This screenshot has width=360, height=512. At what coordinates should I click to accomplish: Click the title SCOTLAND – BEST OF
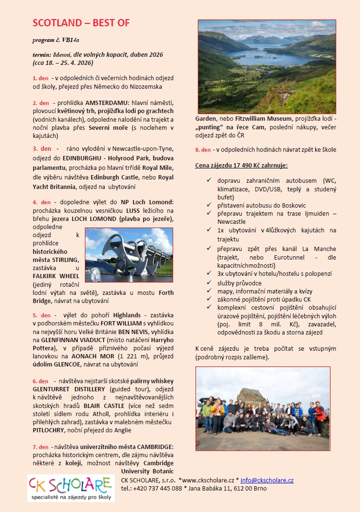pyautogui.click(x=81, y=23)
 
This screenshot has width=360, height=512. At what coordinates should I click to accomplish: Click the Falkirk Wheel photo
pyautogui.click(x=129, y=254)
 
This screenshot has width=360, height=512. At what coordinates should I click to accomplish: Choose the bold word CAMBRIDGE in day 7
pyautogui.click(x=155, y=447)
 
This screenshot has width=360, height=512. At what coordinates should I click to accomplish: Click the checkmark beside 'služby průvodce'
pyautogui.click(x=209, y=283)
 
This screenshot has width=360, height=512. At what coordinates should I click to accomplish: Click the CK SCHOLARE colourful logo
pyautogui.click(x=70, y=487)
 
